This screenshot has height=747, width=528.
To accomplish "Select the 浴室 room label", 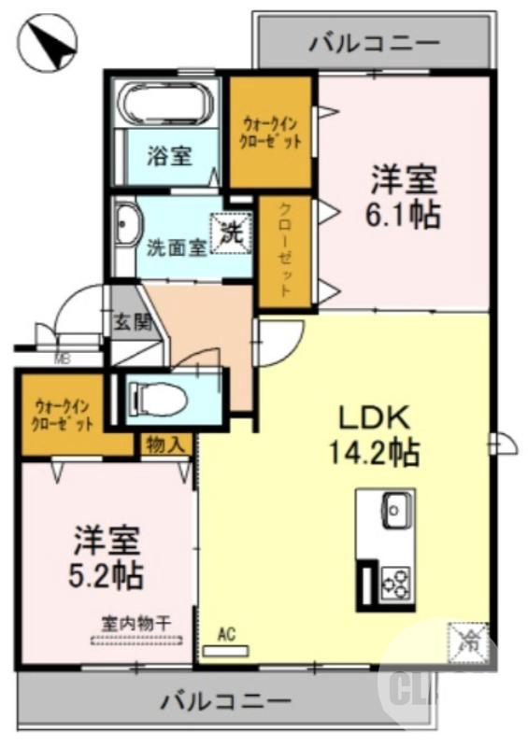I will tap(168, 155).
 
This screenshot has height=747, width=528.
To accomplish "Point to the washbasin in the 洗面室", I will tap(126, 226).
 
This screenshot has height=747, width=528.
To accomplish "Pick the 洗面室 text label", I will tap(177, 248).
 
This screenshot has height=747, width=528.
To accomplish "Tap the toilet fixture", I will tap(159, 399).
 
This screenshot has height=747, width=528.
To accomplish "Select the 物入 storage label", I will tap(165, 445).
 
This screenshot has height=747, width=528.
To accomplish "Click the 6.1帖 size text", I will tap(403, 215).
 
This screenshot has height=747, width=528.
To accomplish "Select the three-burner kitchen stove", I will tap(396, 583).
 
